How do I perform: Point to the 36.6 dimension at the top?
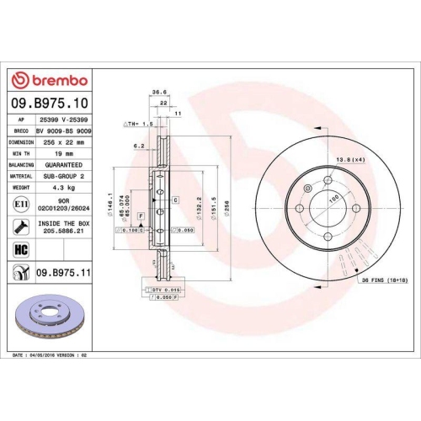tap(156, 93)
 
